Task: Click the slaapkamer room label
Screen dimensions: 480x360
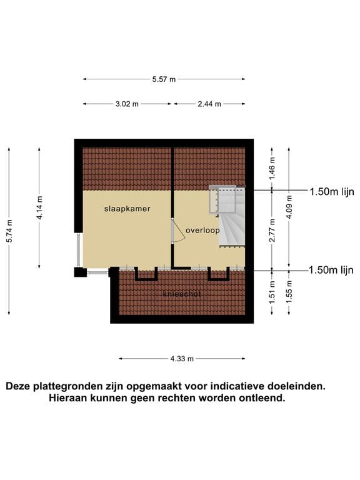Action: pyautogui.click(x=127, y=209)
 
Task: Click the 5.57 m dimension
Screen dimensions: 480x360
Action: pyautogui.click(x=164, y=79)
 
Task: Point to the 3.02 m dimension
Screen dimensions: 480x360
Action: pyautogui.click(x=127, y=104)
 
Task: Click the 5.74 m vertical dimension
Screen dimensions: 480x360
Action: pyautogui.click(x=9, y=232)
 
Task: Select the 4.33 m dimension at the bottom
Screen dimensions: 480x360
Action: pyautogui.click(x=182, y=359)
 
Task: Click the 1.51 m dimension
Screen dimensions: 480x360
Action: pyautogui.click(x=272, y=294)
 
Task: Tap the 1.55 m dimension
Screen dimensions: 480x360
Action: pyautogui.click(x=288, y=295)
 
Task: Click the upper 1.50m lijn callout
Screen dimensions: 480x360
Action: pyautogui.click(x=331, y=192)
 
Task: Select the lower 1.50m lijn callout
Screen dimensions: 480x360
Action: pyautogui.click(x=331, y=270)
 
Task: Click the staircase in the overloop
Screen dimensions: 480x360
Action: pyautogui.click(x=231, y=216)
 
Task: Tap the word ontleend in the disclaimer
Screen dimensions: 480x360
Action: pyautogui.click(x=263, y=398)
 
